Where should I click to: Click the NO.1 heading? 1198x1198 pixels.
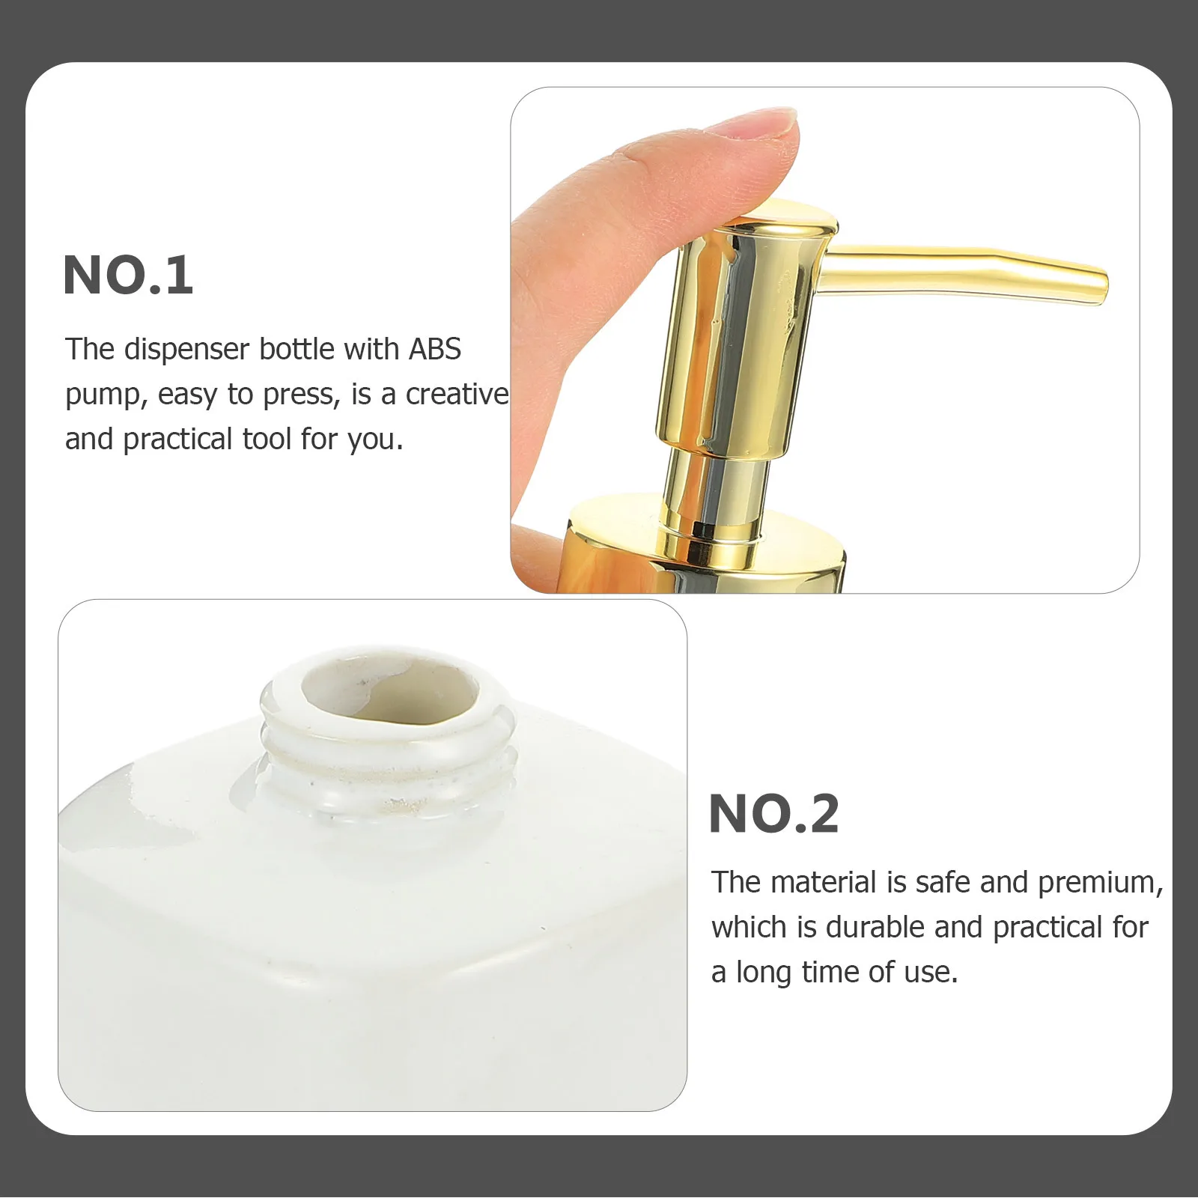[x=128, y=276]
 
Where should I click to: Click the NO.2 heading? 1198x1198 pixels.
[x=773, y=814]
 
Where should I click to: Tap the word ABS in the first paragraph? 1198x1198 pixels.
[x=434, y=350]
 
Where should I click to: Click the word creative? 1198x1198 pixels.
[x=457, y=395]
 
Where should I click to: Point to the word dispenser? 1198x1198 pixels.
[x=186, y=350]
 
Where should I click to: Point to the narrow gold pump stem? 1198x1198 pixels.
[x=715, y=490]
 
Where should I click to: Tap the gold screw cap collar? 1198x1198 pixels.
[x=704, y=558]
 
